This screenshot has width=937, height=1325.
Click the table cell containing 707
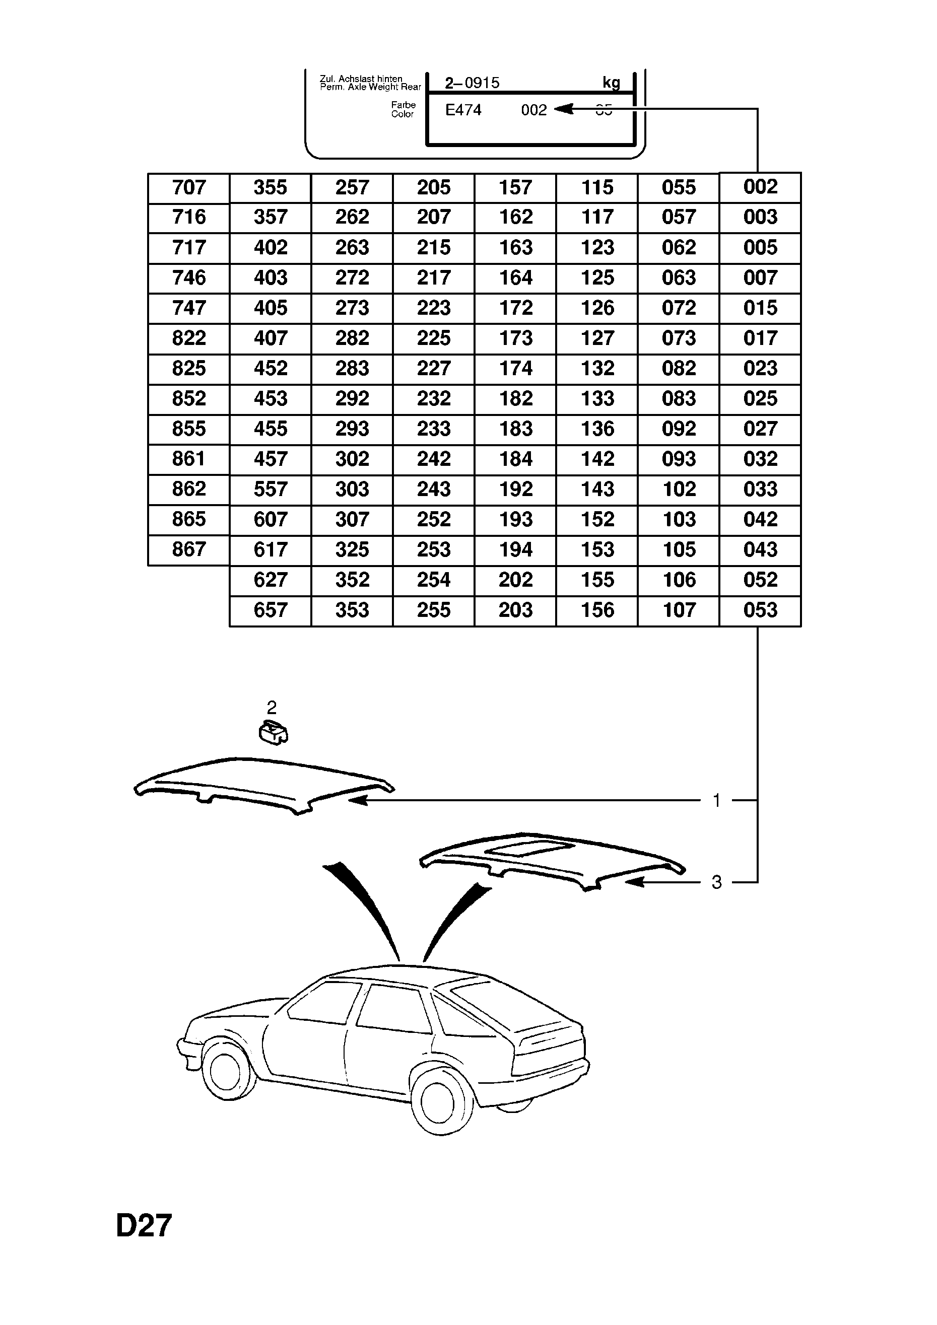pyautogui.click(x=189, y=187)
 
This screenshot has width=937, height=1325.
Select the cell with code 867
pyautogui.click(x=189, y=549)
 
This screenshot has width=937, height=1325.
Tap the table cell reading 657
pyautogui.click(x=270, y=610)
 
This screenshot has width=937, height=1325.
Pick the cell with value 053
pyautogui.click(x=760, y=610)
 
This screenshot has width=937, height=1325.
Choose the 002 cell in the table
pyautogui.click(x=760, y=187)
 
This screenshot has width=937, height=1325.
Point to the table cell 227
pyautogui.click(x=434, y=368)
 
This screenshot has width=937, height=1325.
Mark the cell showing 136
pyautogui.click(x=597, y=429)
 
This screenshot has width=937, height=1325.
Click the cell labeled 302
pyautogui.click(x=352, y=459)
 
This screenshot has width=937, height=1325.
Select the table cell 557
pyautogui.click(x=270, y=490)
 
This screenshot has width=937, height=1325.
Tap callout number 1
pyautogui.click(x=716, y=801)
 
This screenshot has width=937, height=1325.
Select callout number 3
pyautogui.click(x=716, y=882)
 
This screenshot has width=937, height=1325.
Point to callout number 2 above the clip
pyautogui.click(x=272, y=708)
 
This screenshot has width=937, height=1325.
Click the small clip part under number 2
pyautogui.click(x=274, y=733)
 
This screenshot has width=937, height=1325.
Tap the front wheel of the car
pyautogui.click(x=225, y=1069)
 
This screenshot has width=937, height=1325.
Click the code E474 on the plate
pyautogui.click(x=463, y=110)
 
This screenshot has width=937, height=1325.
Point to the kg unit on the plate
pyautogui.click(x=611, y=83)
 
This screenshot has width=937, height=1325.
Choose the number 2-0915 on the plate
pyautogui.click(x=472, y=83)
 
